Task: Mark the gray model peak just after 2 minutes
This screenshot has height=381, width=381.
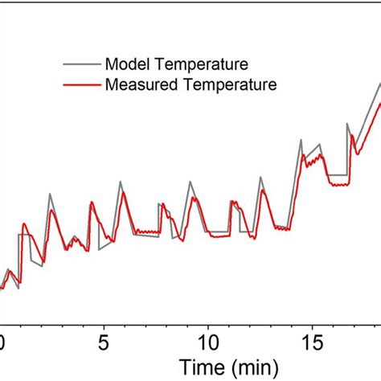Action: coord(50,193)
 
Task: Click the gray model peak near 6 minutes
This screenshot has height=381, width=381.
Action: coord(121,182)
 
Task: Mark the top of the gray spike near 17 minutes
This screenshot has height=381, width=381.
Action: coord(347,124)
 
